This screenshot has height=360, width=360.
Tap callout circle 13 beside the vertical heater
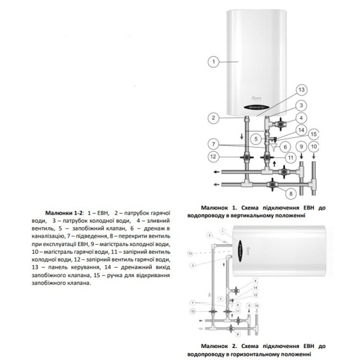click(301, 90)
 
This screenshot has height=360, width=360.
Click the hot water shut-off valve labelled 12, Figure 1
click(246, 158)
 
